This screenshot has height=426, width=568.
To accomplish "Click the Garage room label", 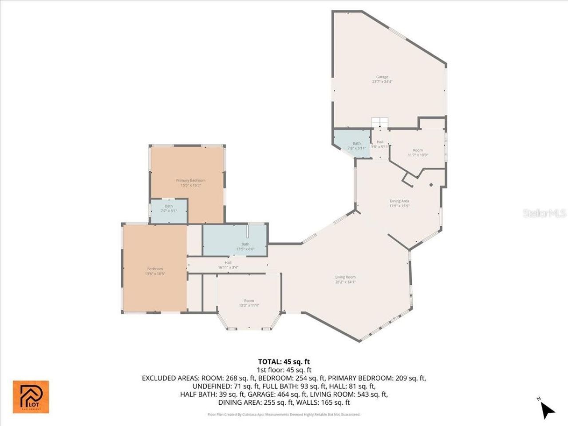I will [382, 77].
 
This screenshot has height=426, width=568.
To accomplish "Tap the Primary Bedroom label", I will [190, 180].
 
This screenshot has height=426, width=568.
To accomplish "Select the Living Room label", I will [345, 277].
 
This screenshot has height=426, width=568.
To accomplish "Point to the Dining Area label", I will [399, 201].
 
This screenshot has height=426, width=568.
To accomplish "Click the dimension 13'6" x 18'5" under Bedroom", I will [155, 274].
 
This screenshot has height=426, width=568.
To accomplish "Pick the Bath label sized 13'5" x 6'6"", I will [245, 244].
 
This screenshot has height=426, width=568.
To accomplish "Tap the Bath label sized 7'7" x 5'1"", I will [169, 206].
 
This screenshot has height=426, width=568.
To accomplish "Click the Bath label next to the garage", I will [357, 143].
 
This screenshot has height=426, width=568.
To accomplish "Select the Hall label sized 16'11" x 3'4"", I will [228, 263].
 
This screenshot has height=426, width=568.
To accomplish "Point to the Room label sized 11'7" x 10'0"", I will [418, 150].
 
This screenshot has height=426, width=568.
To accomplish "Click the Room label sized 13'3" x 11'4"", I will [249, 301].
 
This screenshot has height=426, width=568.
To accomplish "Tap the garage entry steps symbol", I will [380, 122].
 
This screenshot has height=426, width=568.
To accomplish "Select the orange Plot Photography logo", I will [31, 397].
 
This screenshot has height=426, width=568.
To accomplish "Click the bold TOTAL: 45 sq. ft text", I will [284, 362].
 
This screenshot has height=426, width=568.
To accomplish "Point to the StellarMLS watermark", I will [544, 213].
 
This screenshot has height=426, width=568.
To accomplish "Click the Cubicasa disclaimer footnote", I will [284, 414].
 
